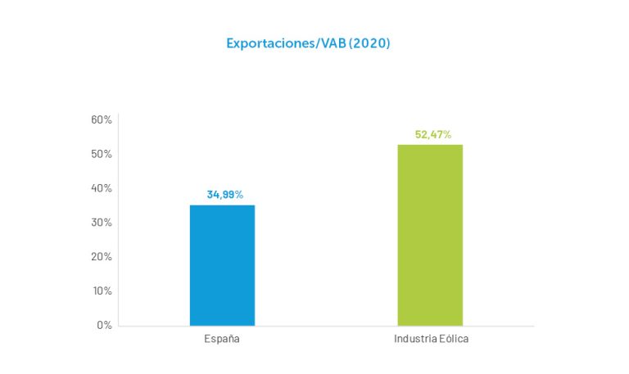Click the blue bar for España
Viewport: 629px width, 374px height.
222,265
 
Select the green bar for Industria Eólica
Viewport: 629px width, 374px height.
430,235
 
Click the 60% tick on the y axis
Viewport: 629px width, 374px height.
102,120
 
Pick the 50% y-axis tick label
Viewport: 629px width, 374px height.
102,155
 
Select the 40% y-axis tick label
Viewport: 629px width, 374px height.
102,188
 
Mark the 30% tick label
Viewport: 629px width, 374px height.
102,223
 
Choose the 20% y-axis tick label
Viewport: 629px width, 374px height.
102,257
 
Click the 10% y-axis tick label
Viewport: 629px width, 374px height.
102,291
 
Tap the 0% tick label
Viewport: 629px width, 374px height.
104,325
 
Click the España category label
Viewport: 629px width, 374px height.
222,339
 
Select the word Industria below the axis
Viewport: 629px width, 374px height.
414,339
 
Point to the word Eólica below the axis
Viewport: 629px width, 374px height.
453,339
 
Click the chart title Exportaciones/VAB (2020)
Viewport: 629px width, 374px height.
308,43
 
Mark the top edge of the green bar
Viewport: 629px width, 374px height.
430,146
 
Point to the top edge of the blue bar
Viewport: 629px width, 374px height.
222,205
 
